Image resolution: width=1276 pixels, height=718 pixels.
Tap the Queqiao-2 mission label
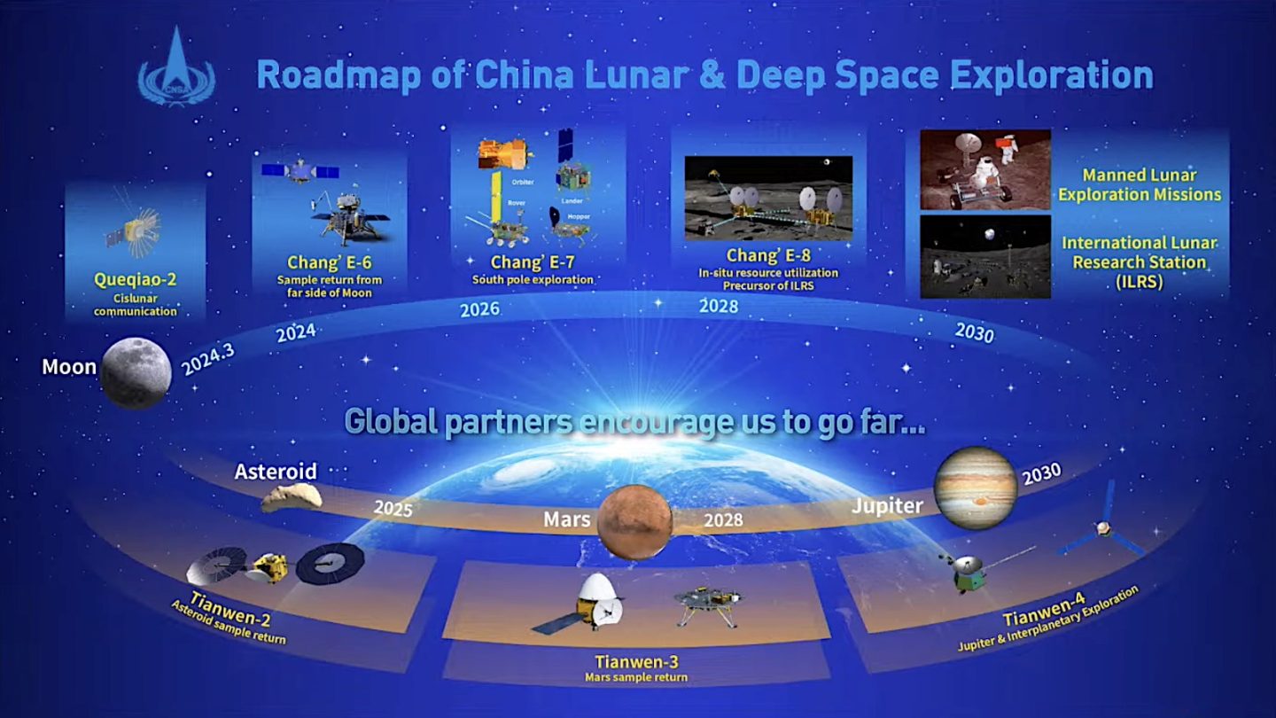coord(135,280)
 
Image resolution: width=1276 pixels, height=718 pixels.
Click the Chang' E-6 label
coord(329,262)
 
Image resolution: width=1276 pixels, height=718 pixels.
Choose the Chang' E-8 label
coord(768,256)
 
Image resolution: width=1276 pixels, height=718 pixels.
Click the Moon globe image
coord(136,373)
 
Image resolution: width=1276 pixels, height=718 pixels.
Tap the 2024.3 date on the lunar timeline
coord(208,359)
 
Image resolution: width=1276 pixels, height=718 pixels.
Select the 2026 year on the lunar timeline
coord(479,309)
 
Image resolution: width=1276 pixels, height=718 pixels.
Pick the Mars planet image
coord(634,521)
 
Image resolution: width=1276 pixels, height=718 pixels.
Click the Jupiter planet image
coord(975,488)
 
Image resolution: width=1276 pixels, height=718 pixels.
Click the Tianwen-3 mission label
coord(635,661)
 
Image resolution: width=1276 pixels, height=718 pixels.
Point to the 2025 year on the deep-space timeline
coord(393,509)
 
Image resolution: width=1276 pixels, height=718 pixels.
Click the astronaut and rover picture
coord(984,169)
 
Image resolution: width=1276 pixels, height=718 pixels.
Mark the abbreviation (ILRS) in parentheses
coord(1139,282)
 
